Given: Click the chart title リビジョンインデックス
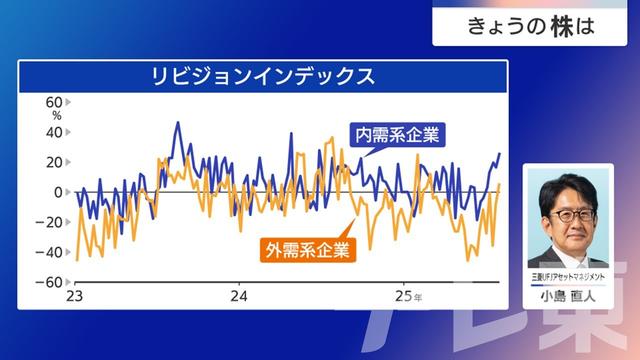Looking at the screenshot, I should (263, 75).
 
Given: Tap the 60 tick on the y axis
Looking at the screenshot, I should (55, 102).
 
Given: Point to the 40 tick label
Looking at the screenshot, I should (55, 132).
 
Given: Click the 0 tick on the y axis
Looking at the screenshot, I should (60, 192).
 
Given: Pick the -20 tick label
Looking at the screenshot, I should (52, 222).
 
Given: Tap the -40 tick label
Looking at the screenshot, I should (52, 252).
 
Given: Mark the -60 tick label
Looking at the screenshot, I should (52, 282).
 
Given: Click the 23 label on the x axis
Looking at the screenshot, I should (74, 297).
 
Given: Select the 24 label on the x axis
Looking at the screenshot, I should (238, 297).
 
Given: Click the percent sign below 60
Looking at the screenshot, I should (57, 116).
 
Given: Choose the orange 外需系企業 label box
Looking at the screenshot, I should (308, 249).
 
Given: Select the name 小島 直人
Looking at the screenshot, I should (567, 295).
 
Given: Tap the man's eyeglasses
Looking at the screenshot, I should (567, 214).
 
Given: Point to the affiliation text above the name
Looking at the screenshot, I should (567, 276).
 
